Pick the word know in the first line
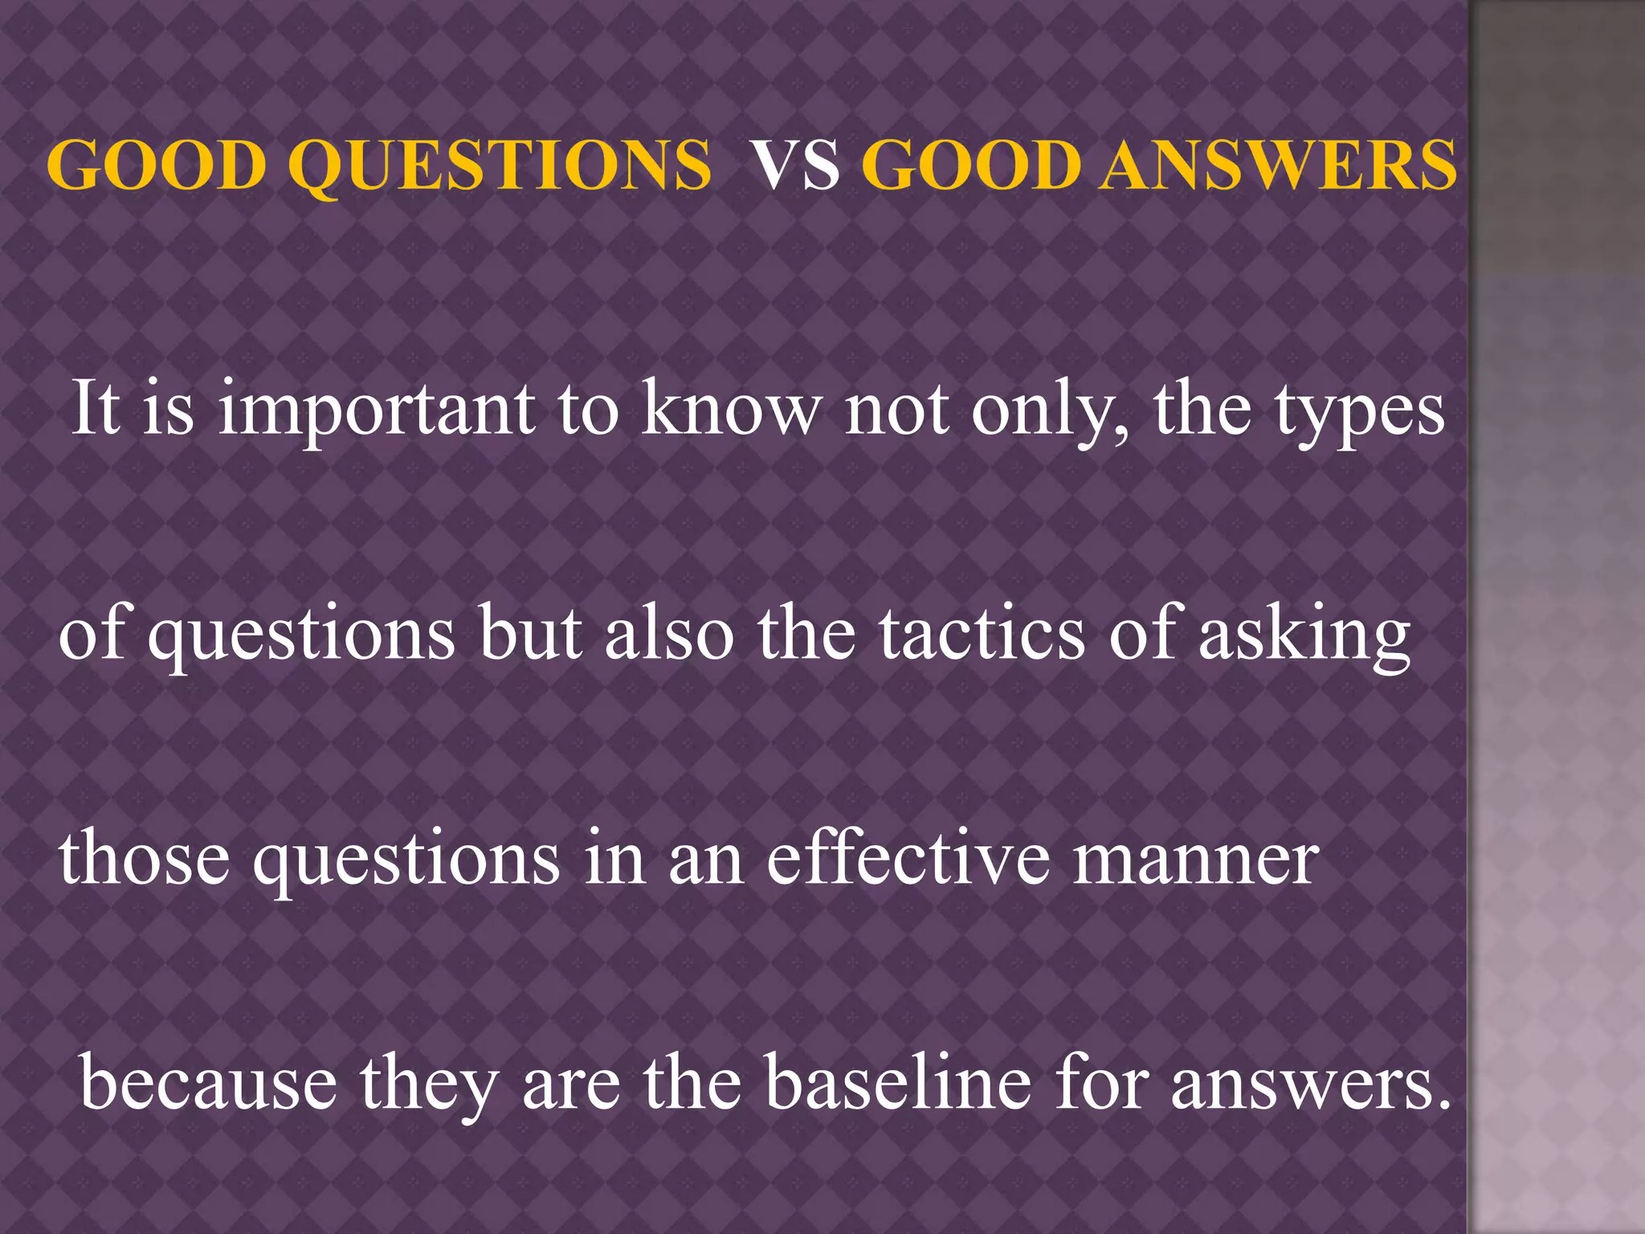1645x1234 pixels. coord(732,408)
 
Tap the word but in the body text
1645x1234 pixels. coord(530,633)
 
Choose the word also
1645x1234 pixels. coord(669,633)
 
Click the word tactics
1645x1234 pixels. coord(982,633)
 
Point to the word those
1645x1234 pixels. coord(145,858)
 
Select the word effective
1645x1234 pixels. coord(908,858)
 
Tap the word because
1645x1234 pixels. coord(208,1083)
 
